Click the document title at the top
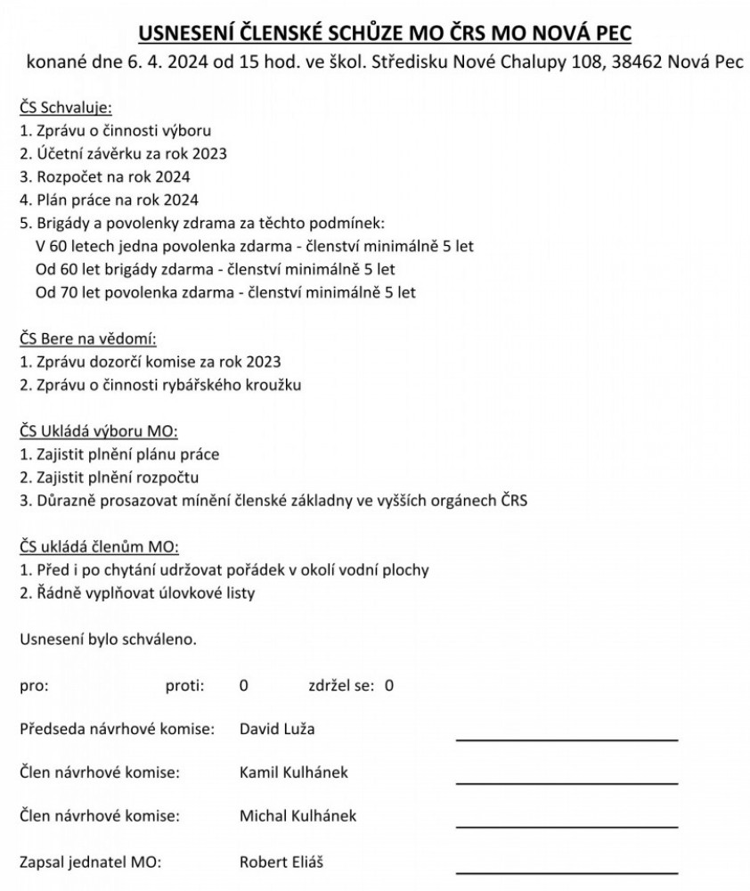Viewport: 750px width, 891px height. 385,34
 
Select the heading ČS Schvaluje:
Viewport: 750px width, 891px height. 65,108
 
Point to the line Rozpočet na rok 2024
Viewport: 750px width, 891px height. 104,176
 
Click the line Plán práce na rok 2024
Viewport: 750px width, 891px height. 109,200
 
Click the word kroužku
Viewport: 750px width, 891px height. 274,385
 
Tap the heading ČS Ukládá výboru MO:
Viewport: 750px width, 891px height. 98,431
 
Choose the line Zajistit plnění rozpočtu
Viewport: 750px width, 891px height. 109,478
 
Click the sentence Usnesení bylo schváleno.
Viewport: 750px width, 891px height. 108,640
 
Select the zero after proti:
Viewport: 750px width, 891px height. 243,686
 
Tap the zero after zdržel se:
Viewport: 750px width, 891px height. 388,686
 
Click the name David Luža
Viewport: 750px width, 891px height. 277,730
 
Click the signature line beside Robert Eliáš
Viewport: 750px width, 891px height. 567,871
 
